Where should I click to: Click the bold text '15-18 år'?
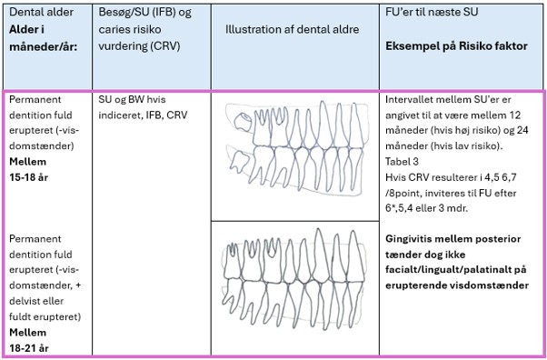pyautogui.click(x=28, y=177)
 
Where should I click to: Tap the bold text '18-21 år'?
pyautogui.click(x=28, y=348)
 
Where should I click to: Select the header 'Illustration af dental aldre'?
pyautogui.click(x=292, y=29)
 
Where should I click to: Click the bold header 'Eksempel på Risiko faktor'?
pyautogui.click(x=456, y=46)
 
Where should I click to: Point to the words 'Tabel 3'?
pyautogui.click(x=402, y=162)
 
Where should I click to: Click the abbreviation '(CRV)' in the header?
pyautogui.click(x=165, y=46)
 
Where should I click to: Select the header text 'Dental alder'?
pyautogui.click(x=41, y=12)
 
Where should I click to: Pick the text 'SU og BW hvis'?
pyautogui.click(x=132, y=99)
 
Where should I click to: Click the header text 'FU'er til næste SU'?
pyautogui.click(x=432, y=12)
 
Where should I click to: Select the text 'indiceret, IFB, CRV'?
pyautogui.click(x=143, y=115)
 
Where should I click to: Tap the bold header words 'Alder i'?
pyautogui.click(x=26, y=29)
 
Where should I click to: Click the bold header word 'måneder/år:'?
pyautogui.click(x=43, y=46)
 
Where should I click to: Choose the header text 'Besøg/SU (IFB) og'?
pyautogui.click(x=144, y=13)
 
